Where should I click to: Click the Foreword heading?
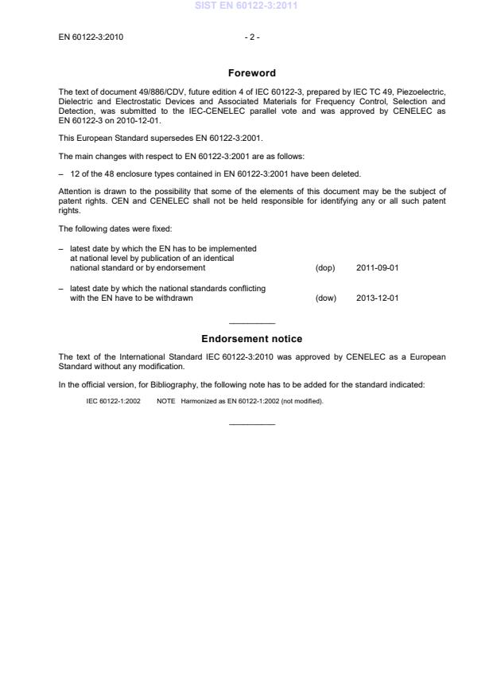tap(251, 73)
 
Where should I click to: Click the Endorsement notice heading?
tap(251, 339)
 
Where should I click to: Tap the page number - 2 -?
tap(251, 37)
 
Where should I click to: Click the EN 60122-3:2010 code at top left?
tap(91, 37)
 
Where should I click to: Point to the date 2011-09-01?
tap(378, 268)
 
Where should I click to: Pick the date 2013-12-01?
tap(378, 298)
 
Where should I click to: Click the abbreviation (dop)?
tap(325, 268)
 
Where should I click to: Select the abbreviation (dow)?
tap(326, 298)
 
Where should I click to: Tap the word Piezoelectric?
tap(417, 92)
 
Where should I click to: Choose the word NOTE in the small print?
tap(165, 401)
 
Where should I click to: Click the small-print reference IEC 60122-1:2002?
tap(113, 401)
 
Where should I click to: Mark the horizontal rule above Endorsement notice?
tap(251, 323)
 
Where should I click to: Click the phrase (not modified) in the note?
tap(303, 401)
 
